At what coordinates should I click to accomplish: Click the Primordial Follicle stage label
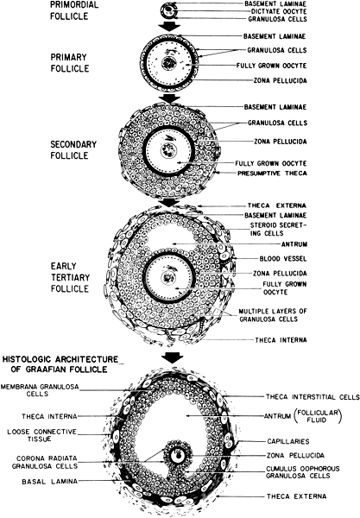tap(74, 10)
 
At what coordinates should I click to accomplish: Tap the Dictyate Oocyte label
tap(279, 11)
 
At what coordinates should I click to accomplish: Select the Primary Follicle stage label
tap(70, 63)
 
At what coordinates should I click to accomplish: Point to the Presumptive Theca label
tap(272, 174)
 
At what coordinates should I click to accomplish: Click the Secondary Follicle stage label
tap(73, 149)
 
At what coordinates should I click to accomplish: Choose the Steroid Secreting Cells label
tap(279, 229)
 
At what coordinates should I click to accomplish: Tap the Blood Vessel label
tap(283, 259)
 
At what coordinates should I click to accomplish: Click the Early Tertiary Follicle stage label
tap(70, 277)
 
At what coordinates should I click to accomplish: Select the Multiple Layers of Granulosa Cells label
tap(273, 315)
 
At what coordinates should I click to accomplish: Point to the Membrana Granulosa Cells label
tap(40, 390)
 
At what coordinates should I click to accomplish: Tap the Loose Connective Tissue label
tap(42, 435)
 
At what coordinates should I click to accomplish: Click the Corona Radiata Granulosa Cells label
tap(45, 462)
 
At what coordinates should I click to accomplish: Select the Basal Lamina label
tap(49, 482)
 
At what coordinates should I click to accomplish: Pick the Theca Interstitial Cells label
tap(313, 396)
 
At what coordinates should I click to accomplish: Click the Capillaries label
tap(288, 441)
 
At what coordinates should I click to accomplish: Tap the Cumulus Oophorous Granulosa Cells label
tap(302, 472)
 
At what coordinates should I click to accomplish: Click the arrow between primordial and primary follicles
tap(169, 27)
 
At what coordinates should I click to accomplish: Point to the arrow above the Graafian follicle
tap(173, 358)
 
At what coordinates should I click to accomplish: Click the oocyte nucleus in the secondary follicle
tap(169, 150)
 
